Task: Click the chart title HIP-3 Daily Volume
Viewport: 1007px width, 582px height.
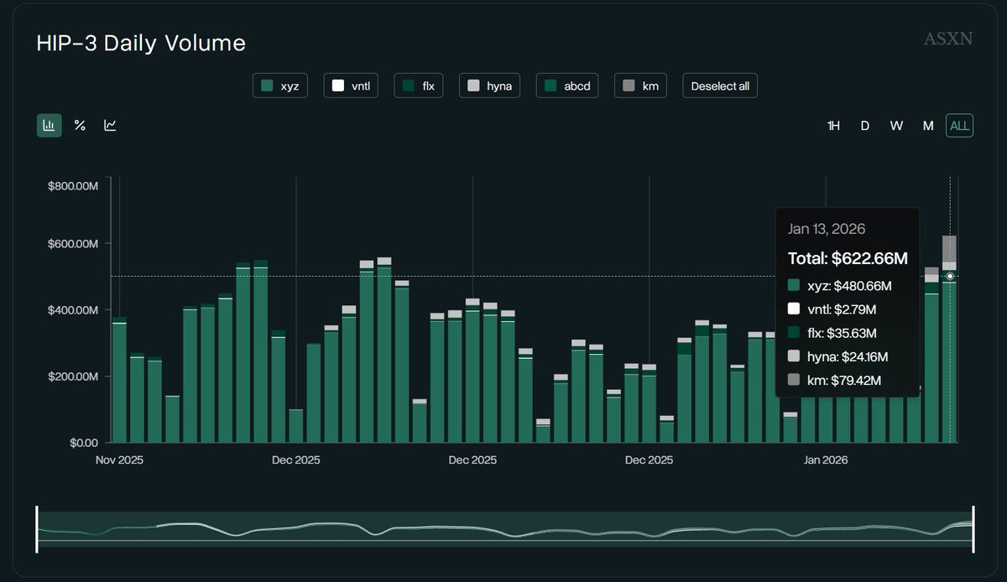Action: (x=141, y=44)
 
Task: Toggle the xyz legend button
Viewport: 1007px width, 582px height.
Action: (x=280, y=86)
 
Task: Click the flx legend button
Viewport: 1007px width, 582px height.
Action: (x=419, y=86)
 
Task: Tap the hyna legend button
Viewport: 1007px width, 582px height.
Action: (x=489, y=86)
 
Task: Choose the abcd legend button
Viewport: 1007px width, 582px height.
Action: (x=567, y=86)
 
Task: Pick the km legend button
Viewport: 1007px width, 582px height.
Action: (x=640, y=86)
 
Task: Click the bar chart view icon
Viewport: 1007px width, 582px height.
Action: (x=49, y=126)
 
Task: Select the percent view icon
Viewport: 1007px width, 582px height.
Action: (x=80, y=126)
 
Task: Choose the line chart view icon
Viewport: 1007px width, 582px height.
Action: (x=110, y=126)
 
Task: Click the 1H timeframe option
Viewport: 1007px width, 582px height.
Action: (x=833, y=126)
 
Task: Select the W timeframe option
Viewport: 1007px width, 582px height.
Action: (x=896, y=126)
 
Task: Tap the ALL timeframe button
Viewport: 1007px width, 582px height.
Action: (x=959, y=126)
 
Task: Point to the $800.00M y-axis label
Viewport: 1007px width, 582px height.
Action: (x=74, y=185)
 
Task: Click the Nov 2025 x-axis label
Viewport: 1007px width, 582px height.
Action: (x=119, y=460)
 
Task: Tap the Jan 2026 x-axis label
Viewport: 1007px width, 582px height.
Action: (x=826, y=460)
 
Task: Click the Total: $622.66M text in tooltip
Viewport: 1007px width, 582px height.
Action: (x=848, y=258)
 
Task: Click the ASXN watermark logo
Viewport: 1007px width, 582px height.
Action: (x=947, y=39)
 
